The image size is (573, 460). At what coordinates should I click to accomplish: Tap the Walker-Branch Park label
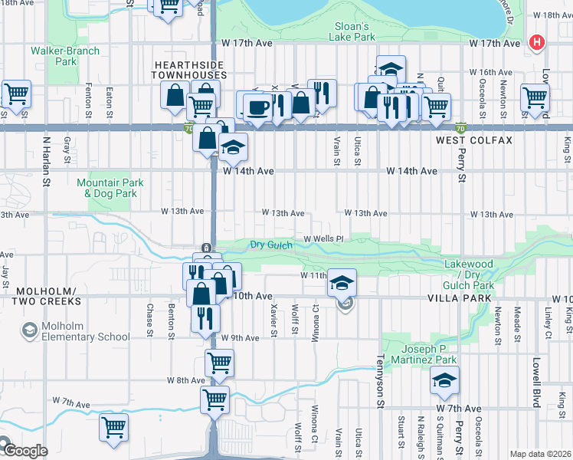(54, 56)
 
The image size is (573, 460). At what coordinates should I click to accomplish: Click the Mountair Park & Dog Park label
(106, 189)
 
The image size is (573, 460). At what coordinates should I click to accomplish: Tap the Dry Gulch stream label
(271, 245)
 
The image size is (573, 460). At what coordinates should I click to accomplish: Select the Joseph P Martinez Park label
(429, 354)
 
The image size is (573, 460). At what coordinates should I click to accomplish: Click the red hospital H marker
(538, 42)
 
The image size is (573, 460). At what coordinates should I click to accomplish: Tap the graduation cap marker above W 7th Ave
(444, 379)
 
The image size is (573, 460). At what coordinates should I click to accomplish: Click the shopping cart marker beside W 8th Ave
(220, 362)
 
